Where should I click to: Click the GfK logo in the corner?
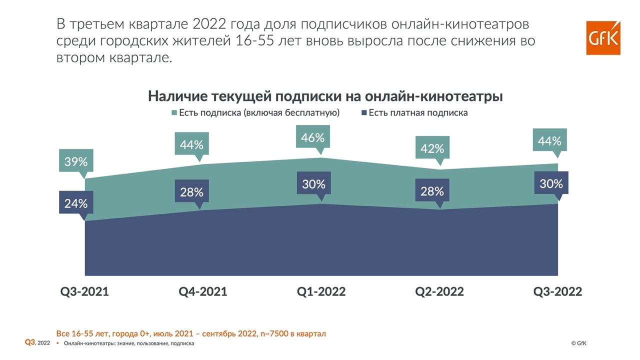603,38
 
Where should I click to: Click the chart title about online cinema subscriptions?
325,96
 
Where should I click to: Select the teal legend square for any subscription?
174,113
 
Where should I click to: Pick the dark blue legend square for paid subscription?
364,113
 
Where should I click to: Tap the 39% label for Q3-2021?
76,161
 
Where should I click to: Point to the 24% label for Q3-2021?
76,203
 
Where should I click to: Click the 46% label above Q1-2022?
313,137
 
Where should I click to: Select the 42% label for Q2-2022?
432,148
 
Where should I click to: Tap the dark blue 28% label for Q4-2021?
191,192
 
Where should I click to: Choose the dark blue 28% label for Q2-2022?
432,191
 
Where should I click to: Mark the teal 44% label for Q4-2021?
191,144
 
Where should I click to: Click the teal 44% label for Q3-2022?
549,141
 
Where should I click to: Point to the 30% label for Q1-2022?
313,184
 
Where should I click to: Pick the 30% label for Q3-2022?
551,183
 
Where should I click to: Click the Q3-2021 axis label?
84,291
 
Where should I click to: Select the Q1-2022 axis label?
321,291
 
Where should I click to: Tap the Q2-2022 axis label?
439,291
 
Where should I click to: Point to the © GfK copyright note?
579,343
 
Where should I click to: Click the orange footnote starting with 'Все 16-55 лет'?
191,333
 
